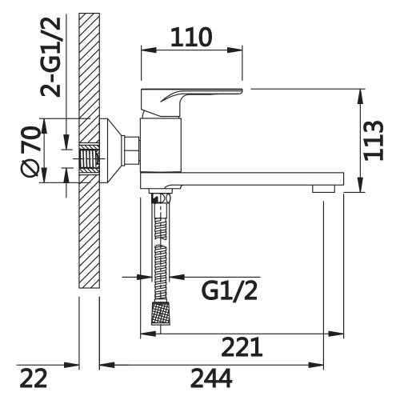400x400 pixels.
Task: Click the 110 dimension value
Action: click(x=191, y=37)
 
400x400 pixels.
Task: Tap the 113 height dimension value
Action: click(x=374, y=141)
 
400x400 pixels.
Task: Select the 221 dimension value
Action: click(x=242, y=346)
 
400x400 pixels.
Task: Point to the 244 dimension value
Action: click(x=211, y=378)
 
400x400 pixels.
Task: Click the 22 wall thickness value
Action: click(x=34, y=378)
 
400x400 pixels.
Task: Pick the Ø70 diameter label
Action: click(x=30, y=151)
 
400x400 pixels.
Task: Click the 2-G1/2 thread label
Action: click(x=50, y=56)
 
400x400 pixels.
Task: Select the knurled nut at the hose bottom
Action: click(x=161, y=314)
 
